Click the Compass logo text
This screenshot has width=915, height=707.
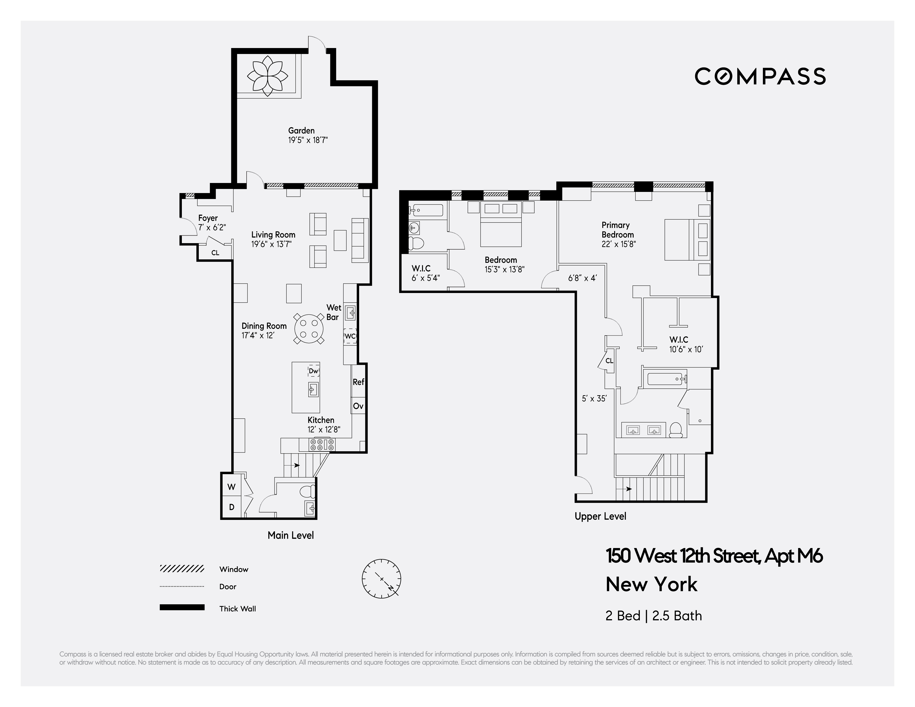[x=760, y=76]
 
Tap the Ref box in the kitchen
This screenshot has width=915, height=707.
[x=358, y=382]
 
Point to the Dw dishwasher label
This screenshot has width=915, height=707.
[x=313, y=371]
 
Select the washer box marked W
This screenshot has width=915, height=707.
[x=231, y=487]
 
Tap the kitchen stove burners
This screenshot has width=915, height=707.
[x=322, y=444]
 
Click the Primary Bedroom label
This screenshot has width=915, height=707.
[x=618, y=234]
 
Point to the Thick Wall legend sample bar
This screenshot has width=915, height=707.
[x=182, y=607]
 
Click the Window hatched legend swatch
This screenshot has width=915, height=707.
[x=182, y=569]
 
